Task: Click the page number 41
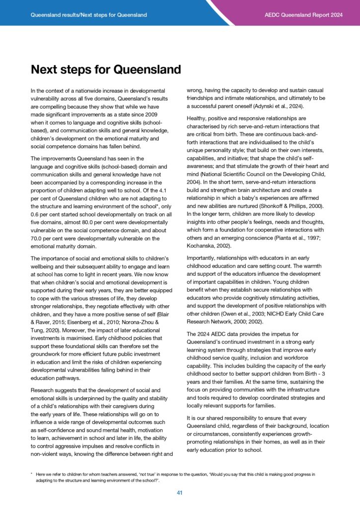(x=180, y=493)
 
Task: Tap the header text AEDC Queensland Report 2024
(x=303, y=15)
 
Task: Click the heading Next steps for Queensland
(x=106, y=69)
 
